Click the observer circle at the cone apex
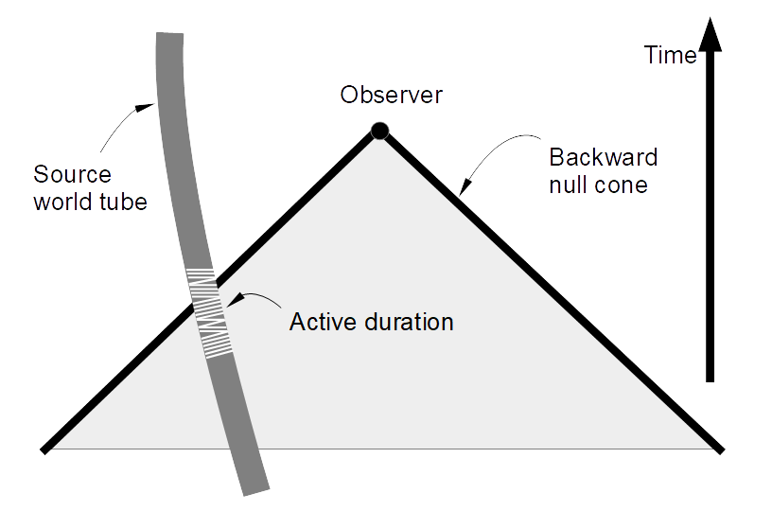coord(379,131)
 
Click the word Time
coord(671,56)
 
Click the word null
coord(570,184)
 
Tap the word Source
coord(72,175)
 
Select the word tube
coord(123,202)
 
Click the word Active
coord(321,322)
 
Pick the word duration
coord(408,322)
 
